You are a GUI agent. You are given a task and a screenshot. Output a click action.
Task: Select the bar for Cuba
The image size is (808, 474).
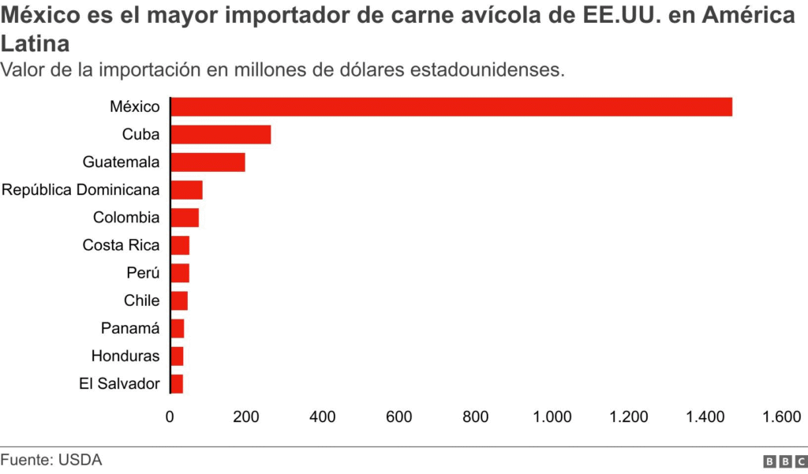click(221, 134)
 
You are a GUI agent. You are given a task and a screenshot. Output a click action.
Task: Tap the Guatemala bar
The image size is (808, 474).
click(208, 162)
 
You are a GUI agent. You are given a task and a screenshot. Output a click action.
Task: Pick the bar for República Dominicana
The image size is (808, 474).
click(186, 190)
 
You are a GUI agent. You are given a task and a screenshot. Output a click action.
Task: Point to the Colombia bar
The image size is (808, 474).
click(185, 218)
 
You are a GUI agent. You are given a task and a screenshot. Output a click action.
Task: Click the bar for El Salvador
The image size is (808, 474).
click(177, 384)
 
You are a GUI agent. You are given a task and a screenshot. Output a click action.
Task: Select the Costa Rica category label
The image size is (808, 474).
click(121, 245)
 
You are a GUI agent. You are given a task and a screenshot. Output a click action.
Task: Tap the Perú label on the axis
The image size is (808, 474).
click(143, 273)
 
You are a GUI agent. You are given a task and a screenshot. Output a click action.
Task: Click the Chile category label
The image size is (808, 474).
click(141, 300)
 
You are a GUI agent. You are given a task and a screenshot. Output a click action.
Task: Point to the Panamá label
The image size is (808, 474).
click(130, 328)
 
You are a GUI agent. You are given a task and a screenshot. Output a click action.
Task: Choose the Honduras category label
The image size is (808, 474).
click(125, 356)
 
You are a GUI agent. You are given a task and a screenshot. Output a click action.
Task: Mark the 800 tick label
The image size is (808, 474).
click(477, 417)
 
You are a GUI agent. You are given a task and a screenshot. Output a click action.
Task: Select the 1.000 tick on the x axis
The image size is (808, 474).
click(552, 417)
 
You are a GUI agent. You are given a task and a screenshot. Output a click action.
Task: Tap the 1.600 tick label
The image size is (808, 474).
click(782, 417)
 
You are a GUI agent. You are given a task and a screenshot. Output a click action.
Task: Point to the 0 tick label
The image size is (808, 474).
click(170, 417)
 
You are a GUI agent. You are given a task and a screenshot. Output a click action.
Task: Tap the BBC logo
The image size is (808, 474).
click(785, 461)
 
